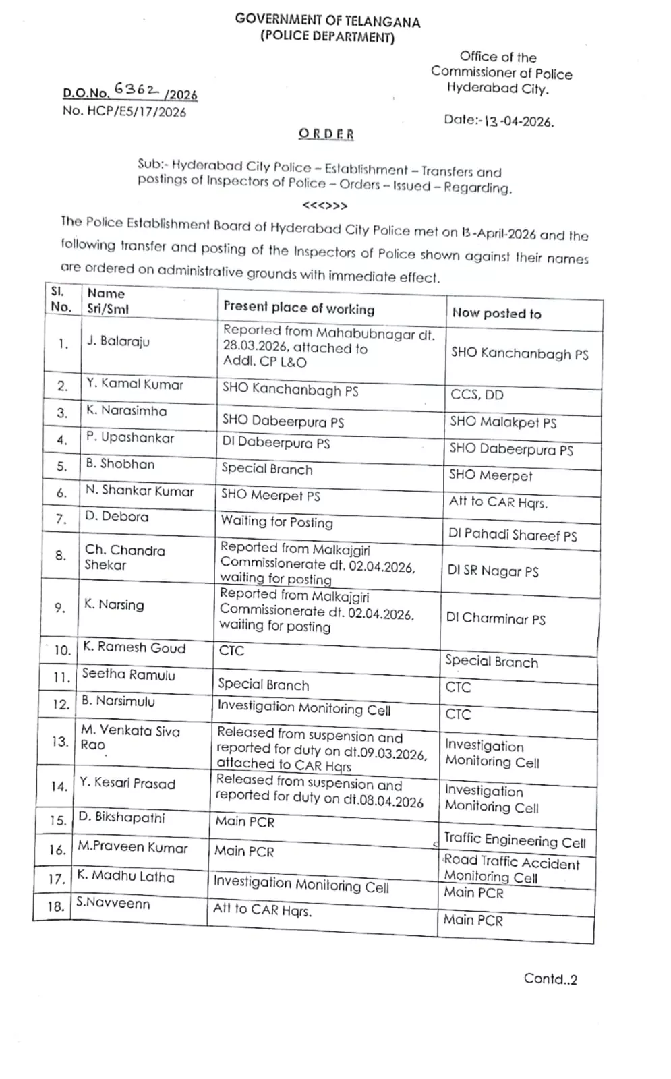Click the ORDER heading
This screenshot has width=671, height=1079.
[x=326, y=134]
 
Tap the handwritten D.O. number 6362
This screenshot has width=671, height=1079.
[x=136, y=89]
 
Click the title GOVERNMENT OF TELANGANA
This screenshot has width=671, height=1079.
[x=327, y=20]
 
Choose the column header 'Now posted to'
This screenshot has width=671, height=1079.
[x=496, y=313]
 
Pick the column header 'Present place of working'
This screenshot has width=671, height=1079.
[x=299, y=308]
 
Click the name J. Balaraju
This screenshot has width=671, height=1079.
[x=118, y=341]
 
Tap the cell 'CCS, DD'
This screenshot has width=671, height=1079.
[x=477, y=395]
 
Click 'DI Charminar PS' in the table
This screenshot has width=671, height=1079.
[x=496, y=618]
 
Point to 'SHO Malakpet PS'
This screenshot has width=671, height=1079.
[x=503, y=422]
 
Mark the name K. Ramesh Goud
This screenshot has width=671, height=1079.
[x=134, y=647]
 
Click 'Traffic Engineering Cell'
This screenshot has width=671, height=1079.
[x=515, y=840]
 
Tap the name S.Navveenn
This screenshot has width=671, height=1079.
[x=113, y=903]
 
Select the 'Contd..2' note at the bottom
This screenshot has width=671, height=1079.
[x=550, y=979]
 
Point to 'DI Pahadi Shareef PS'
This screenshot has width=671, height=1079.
[x=513, y=535]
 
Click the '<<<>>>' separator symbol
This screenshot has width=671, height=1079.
[x=325, y=206]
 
